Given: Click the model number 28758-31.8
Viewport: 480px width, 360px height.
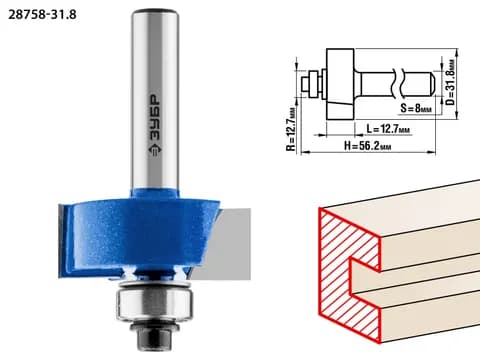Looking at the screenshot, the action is coord(42,15).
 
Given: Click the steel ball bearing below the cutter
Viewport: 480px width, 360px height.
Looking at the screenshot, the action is coord(154,304).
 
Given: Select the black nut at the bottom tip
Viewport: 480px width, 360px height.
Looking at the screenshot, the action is coord(154,336).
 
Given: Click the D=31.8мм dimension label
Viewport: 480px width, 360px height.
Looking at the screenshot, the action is coord(450,82).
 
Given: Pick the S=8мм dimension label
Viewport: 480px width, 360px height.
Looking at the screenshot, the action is coord(416,108).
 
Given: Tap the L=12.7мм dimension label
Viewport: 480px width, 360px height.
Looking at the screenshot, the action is coord(388,128).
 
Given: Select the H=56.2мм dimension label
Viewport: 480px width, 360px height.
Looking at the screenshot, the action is coord(368,146).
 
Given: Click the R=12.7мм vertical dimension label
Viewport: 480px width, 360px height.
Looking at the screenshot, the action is coord(291,129).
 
